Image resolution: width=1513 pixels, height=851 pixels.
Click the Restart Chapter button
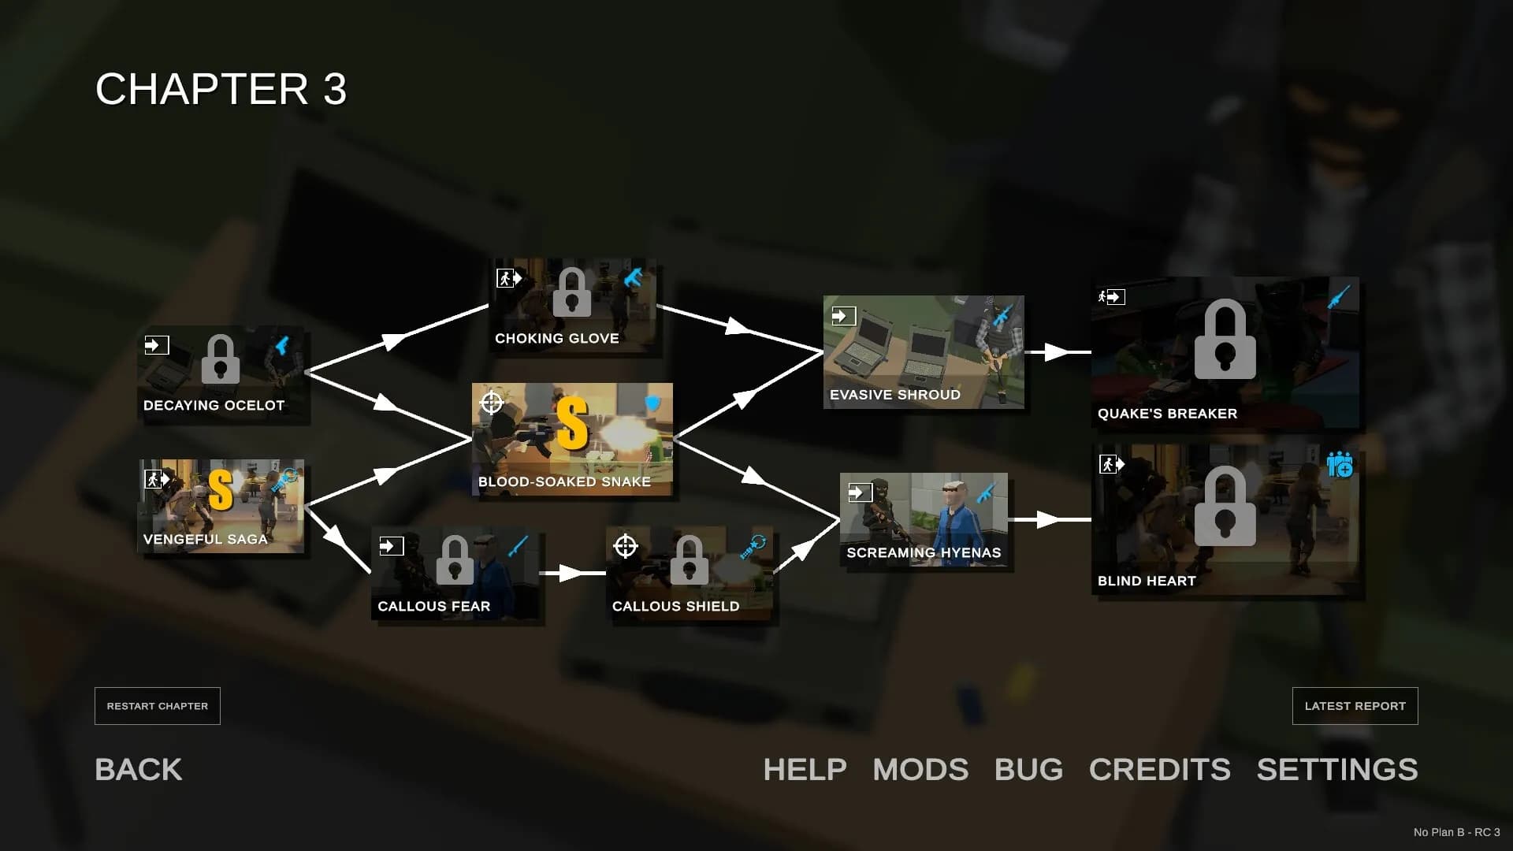[158, 706]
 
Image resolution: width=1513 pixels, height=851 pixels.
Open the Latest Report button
[1355, 706]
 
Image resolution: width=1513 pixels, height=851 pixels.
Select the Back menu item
[139, 769]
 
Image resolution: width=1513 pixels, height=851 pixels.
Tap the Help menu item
[805, 769]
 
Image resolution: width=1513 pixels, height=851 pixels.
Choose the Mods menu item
[920, 769]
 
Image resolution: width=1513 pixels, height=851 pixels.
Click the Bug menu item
[1028, 769]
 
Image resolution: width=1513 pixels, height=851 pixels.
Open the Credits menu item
[1159, 769]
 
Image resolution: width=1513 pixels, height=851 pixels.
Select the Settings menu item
[1337, 769]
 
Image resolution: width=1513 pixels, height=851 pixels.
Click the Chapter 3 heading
[221, 88]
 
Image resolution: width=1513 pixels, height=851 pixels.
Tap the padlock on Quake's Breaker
[1225, 340]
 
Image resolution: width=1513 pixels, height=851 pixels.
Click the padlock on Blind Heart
[1225, 506]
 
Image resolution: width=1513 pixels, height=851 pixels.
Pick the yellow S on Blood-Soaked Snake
[572, 423]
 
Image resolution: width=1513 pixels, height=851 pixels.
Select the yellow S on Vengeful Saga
[221, 490]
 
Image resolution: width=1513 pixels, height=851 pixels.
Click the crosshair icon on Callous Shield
[626, 545]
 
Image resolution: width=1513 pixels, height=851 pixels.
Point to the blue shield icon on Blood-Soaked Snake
[652, 404]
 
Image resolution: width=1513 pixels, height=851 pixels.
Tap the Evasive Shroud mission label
[895, 395]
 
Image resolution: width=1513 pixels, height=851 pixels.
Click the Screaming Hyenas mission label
[924, 552]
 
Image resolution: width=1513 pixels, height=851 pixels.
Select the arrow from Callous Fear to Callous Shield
[573, 573]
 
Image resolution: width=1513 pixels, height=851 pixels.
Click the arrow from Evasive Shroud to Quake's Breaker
[1058, 352]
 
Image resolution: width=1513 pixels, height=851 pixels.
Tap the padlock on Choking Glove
[572, 292]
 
